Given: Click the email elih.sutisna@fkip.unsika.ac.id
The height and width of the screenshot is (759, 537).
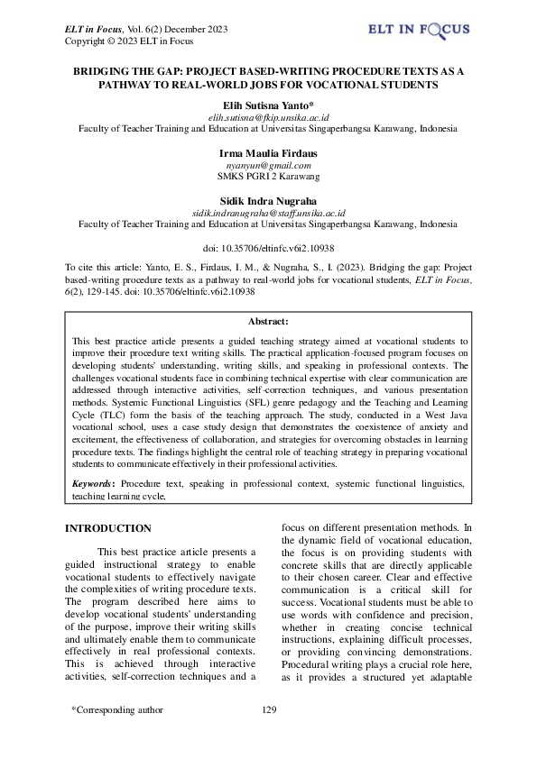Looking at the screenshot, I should [x=268, y=117].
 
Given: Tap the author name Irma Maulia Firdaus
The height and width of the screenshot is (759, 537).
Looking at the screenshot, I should [x=268, y=153].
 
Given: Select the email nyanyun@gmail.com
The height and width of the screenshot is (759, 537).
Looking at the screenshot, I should [x=268, y=166].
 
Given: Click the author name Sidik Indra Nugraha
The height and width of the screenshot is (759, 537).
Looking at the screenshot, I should [x=268, y=199].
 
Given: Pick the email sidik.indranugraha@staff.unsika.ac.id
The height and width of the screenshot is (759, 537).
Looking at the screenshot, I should [x=268, y=212].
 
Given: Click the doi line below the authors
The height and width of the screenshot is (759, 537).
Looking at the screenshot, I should [x=268, y=246].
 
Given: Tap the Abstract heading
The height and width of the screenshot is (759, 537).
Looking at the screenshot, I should [x=267, y=321].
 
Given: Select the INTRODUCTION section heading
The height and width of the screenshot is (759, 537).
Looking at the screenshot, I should [x=112, y=528].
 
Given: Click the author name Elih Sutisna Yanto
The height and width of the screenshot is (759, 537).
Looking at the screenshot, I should [x=268, y=105].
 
